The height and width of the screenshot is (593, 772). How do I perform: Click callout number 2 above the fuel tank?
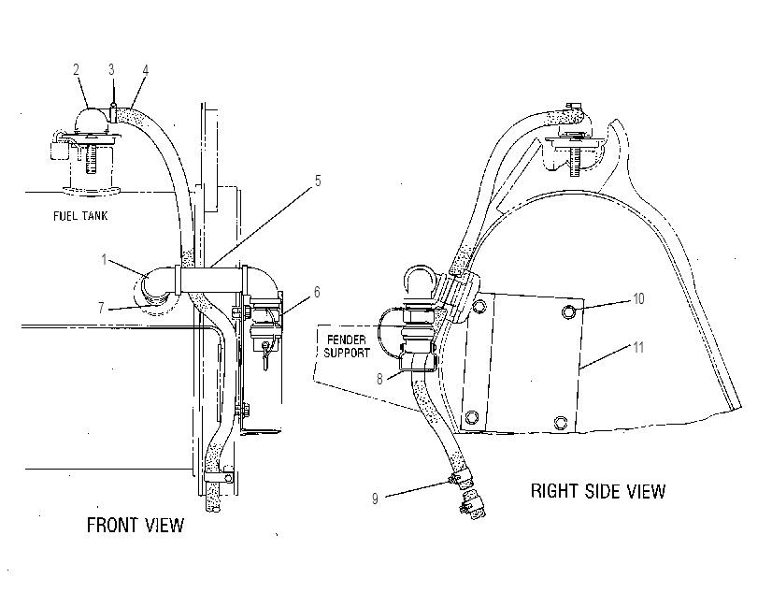(76, 69)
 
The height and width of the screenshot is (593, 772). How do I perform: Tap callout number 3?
(112, 69)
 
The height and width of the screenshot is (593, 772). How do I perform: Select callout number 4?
(145, 70)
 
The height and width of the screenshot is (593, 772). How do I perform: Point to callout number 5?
(318, 181)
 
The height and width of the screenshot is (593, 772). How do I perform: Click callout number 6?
(317, 292)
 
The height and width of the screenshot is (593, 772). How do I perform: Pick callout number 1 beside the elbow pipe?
(104, 259)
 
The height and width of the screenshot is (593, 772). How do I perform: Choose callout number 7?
(101, 308)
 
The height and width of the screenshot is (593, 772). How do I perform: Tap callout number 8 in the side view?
(379, 379)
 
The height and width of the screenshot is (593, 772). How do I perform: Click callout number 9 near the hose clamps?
(375, 499)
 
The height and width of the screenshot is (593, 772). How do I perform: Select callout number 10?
(638, 299)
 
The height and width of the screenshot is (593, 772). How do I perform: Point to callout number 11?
(638, 347)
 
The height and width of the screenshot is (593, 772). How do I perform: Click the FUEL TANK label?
(80, 216)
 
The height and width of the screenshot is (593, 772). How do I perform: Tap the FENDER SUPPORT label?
(347, 346)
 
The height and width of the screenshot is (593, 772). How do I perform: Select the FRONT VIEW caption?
(136, 525)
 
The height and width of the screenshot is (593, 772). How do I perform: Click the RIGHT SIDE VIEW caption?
(598, 491)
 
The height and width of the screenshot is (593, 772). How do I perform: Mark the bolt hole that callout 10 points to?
(569, 311)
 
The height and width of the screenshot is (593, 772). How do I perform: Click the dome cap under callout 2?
(90, 119)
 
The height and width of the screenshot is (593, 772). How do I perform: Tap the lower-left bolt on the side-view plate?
(471, 416)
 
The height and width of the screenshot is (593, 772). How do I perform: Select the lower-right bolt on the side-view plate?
(561, 423)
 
